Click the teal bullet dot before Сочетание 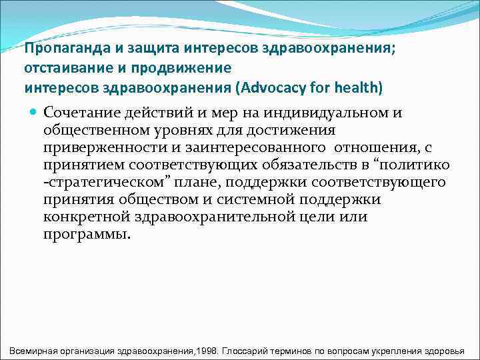coord(34,112)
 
